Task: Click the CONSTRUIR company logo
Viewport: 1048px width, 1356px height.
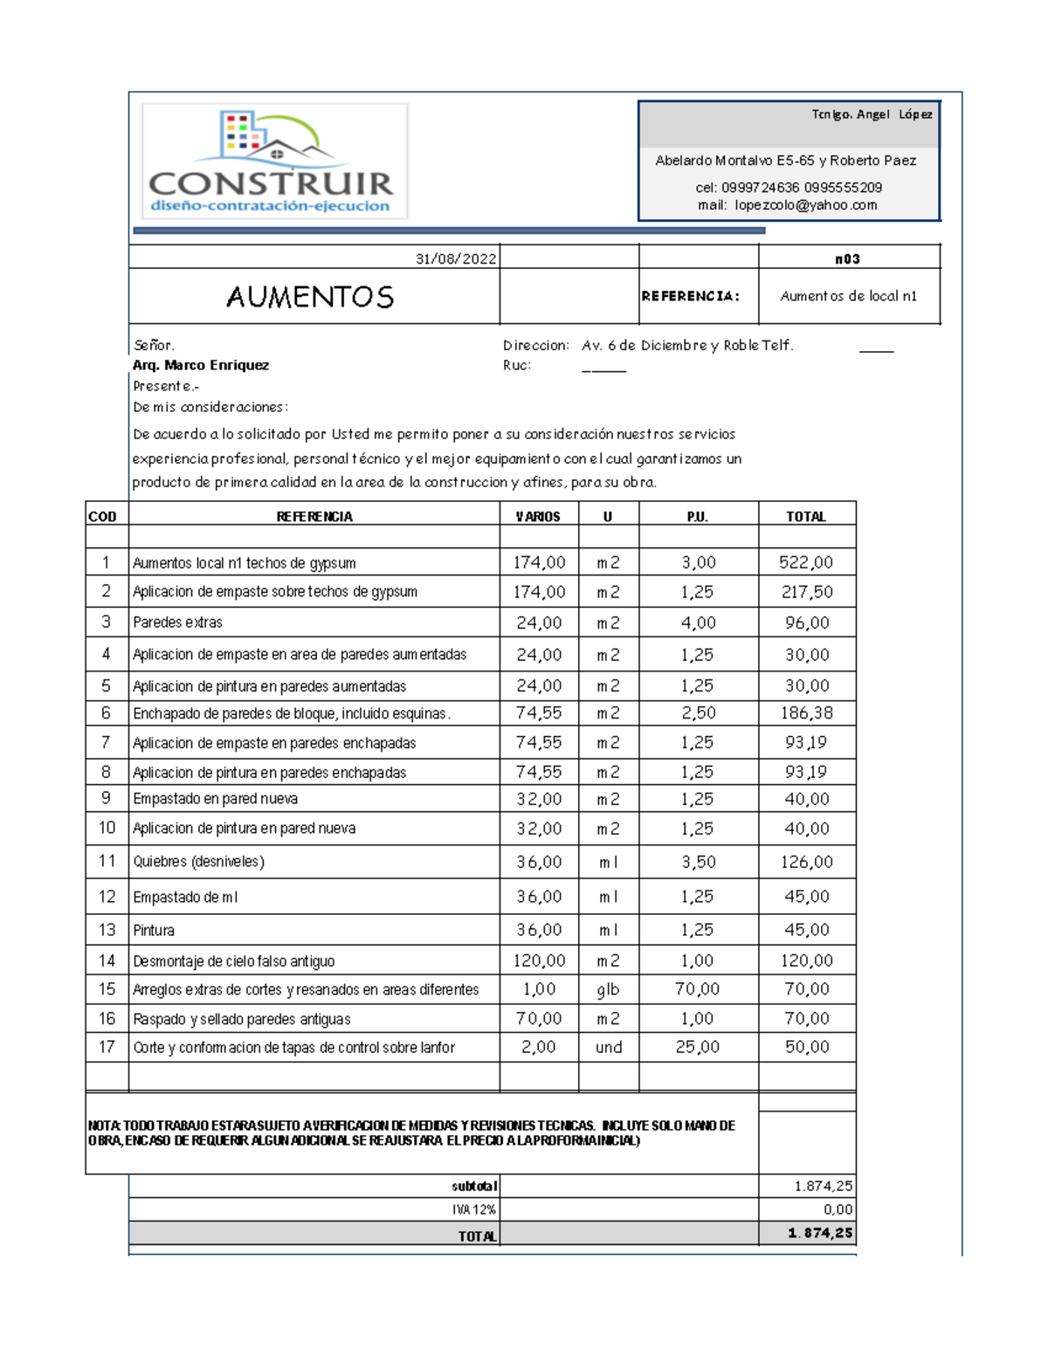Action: click(274, 162)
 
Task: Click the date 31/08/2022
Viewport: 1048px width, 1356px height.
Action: click(456, 258)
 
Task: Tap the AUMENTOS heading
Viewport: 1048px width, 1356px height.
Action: click(310, 297)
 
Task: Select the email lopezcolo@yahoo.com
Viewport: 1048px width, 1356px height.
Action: click(805, 205)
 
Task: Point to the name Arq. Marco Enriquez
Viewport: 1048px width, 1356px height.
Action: click(201, 365)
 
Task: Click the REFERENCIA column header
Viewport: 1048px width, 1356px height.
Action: click(314, 517)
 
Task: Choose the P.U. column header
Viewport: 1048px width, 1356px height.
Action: click(697, 517)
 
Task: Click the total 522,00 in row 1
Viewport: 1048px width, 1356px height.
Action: click(806, 562)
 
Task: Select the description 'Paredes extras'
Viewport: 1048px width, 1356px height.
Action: click(177, 623)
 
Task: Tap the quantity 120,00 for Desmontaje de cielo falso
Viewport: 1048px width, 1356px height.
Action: click(539, 960)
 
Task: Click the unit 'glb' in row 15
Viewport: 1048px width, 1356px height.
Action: click(608, 989)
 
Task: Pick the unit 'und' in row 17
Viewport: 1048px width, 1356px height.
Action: click(609, 1047)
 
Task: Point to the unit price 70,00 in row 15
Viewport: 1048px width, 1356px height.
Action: click(697, 989)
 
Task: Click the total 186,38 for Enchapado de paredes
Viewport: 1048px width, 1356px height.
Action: click(806, 713)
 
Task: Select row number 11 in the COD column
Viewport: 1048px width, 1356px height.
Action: click(107, 861)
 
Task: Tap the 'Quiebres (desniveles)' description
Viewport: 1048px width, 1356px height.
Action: click(198, 862)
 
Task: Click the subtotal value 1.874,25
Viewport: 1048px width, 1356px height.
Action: click(823, 1186)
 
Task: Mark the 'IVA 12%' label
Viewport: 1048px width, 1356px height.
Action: click(474, 1209)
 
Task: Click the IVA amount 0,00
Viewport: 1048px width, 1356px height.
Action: click(838, 1209)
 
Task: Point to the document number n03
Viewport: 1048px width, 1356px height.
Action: click(847, 258)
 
